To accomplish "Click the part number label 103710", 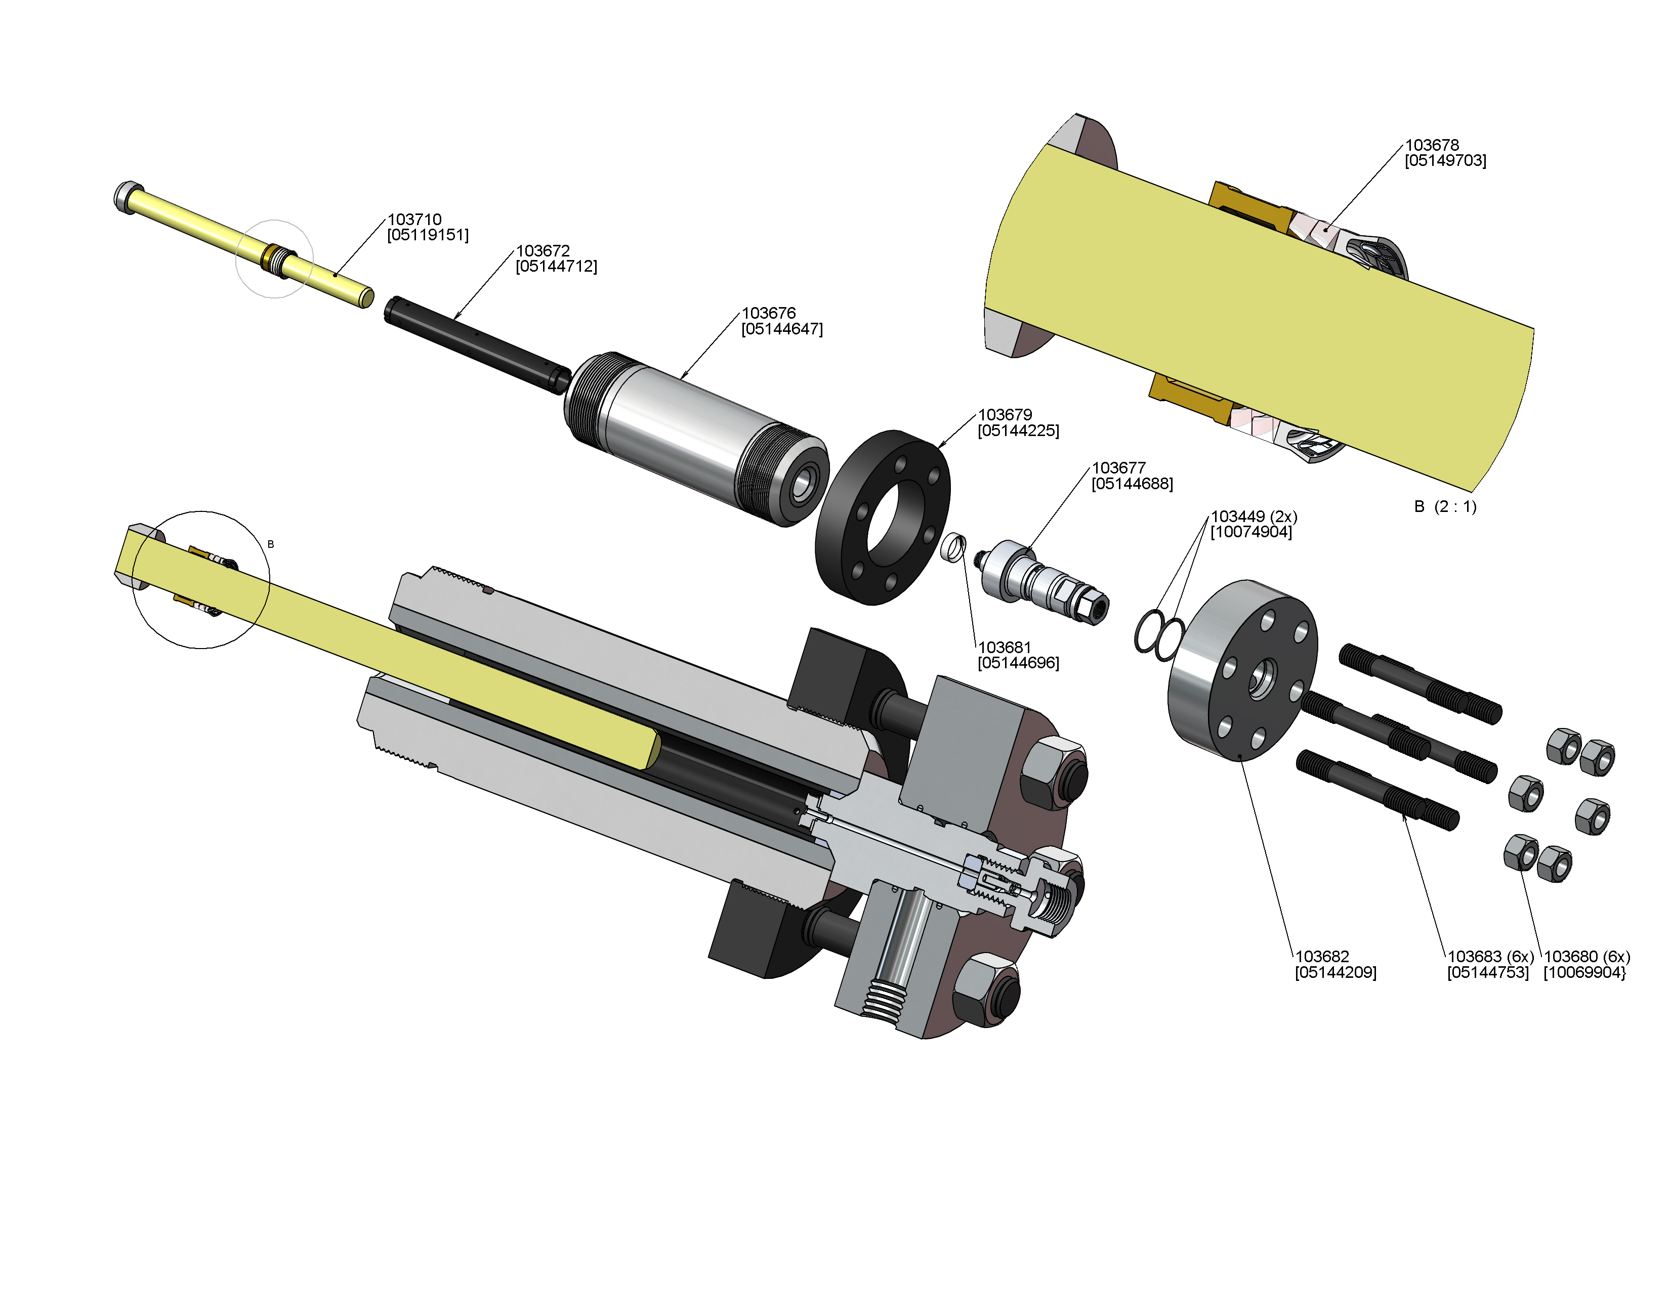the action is click(414, 220).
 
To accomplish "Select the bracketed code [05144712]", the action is click(557, 267).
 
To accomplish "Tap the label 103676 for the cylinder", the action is click(769, 313).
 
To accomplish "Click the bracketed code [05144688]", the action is click(1133, 484).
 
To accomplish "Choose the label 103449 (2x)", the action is click(1254, 517).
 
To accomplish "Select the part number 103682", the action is click(1322, 957).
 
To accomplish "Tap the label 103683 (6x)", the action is click(1490, 957).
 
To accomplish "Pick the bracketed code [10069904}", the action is click(1584, 973).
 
